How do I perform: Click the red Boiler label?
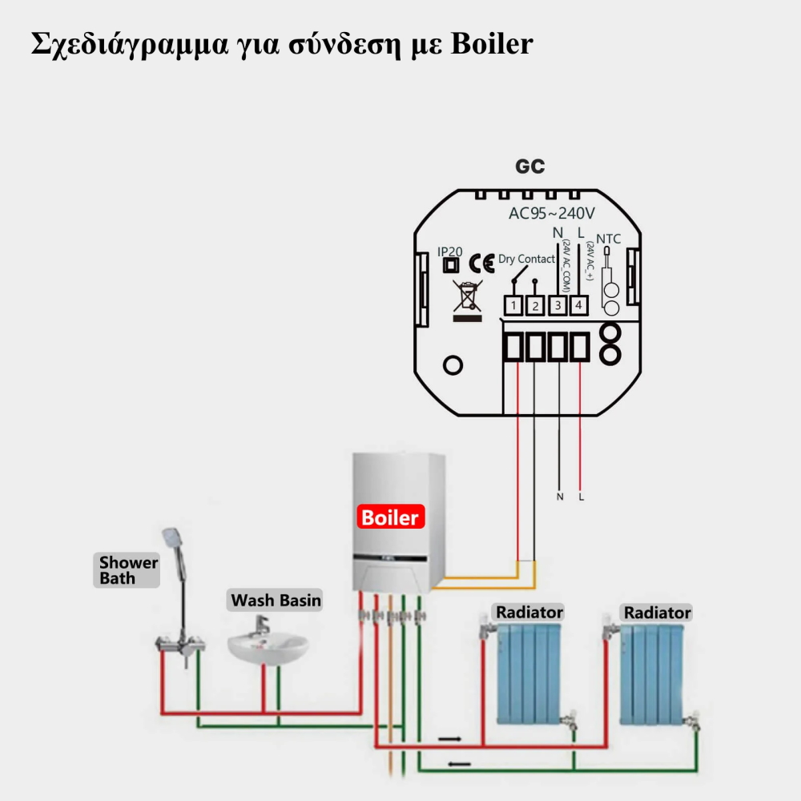pyautogui.click(x=390, y=517)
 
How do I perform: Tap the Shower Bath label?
pyautogui.click(x=128, y=570)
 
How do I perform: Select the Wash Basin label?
pyautogui.click(x=276, y=600)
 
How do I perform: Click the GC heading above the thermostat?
pyautogui.click(x=530, y=167)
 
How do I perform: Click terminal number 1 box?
pyautogui.click(x=513, y=305)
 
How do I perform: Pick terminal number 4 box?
pyautogui.click(x=578, y=305)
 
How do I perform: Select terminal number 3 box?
pyautogui.click(x=557, y=305)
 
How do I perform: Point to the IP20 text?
pyautogui.click(x=450, y=252)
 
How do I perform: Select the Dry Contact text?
pyautogui.click(x=526, y=259)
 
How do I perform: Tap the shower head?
pyautogui.click(x=171, y=541)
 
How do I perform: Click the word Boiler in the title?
pyautogui.click(x=491, y=43)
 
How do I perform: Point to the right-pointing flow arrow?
pyautogui.click(x=449, y=739)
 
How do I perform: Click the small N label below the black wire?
pyautogui.click(x=559, y=497)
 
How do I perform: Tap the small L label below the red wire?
pyautogui.click(x=581, y=497)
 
